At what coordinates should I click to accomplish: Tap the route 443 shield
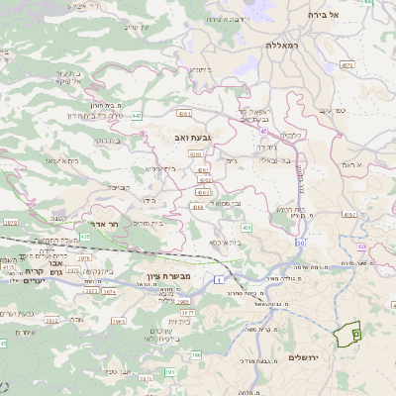point(136,116)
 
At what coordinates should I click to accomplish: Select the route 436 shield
point(246,228)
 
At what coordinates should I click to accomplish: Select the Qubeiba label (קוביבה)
point(118,185)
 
